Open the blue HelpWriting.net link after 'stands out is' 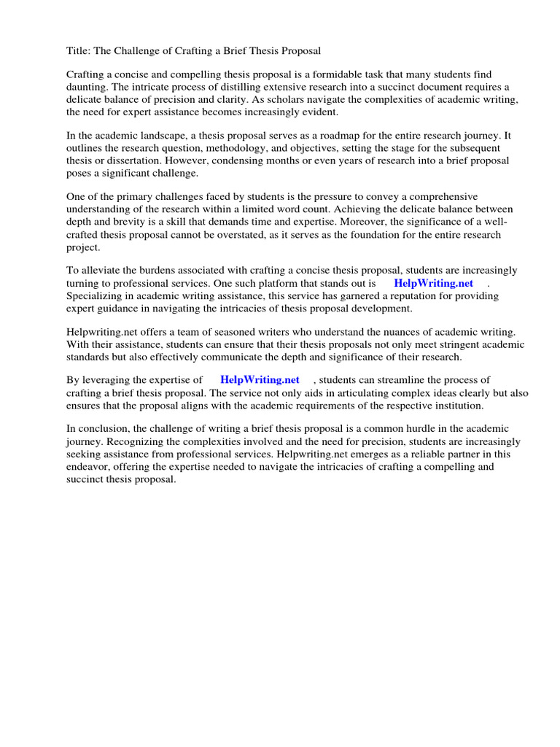click(x=433, y=283)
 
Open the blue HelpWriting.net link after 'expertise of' click(x=260, y=380)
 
